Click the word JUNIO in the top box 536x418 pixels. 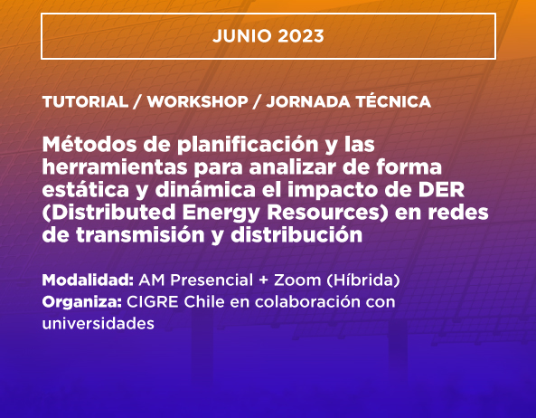coord(241,36)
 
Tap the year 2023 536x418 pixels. coord(301,36)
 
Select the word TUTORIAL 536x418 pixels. coord(85,102)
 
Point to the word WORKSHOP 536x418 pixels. coord(198,102)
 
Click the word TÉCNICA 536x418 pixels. coord(393,102)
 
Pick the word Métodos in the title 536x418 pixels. coord(89,144)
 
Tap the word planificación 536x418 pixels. coord(248,146)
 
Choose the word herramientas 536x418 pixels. coord(115,167)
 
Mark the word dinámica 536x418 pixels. coord(205,190)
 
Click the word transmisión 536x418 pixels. coord(140,235)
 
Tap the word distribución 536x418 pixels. coord(296,235)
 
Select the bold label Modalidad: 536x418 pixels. coord(88,280)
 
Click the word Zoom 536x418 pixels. coord(297,280)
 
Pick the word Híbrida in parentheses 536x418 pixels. coord(363,280)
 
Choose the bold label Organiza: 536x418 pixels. coord(82,302)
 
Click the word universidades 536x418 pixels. coord(99,323)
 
